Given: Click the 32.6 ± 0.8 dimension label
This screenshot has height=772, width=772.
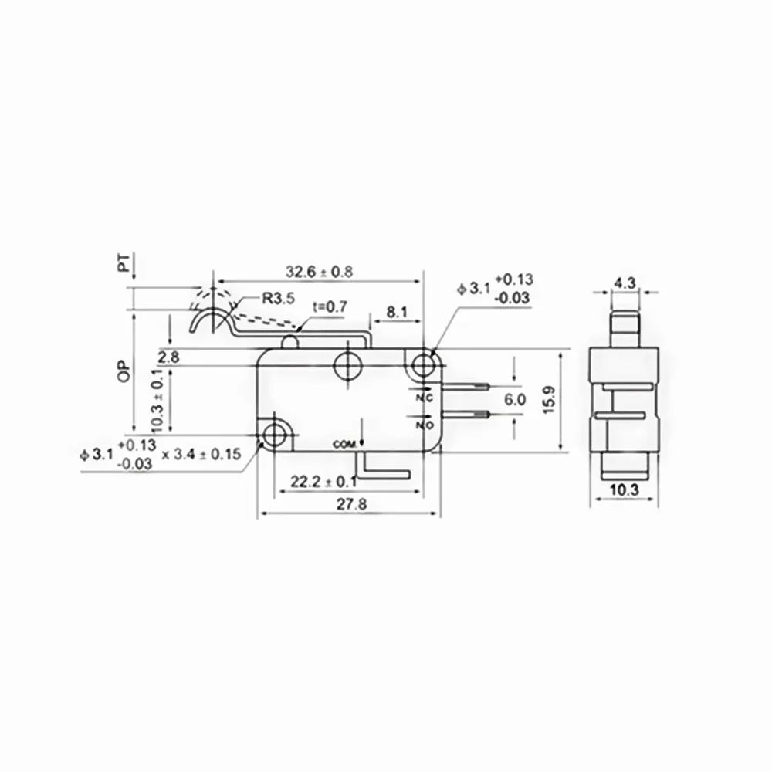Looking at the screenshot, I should point(319,272).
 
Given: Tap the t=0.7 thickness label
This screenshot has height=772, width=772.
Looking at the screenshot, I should point(330,306).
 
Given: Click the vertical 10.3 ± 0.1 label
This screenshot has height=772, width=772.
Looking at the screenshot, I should point(156,400).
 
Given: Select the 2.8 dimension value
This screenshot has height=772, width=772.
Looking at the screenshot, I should point(168,356).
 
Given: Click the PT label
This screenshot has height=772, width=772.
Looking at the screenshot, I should point(123,265).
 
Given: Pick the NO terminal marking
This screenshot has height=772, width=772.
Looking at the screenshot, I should point(424,423).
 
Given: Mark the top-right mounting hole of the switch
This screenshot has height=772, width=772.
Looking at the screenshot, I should point(423,364).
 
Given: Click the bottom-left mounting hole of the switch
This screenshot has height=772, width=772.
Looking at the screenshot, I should point(273,435).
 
